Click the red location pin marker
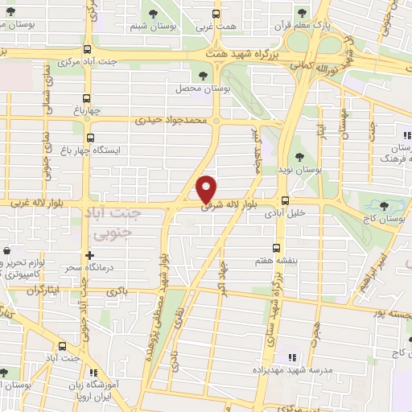click(207, 188)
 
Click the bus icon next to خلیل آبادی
click(284, 201)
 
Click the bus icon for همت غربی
click(214, 13)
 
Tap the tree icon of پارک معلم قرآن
click(301, 13)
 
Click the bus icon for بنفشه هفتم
click(277, 247)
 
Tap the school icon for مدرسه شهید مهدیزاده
click(292, 356)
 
